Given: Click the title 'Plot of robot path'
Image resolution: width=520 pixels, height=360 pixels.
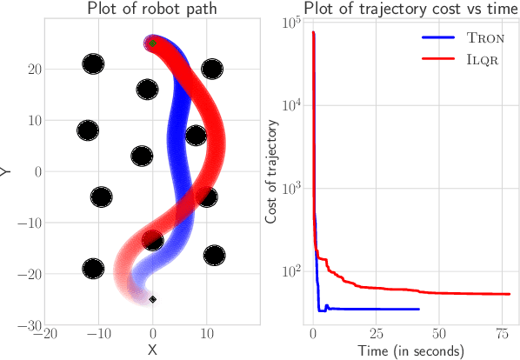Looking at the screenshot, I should click(152, 10).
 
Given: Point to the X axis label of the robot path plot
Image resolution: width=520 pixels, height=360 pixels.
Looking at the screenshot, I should click(153, 350).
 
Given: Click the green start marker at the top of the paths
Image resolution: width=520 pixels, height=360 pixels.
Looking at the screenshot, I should click(153, 43).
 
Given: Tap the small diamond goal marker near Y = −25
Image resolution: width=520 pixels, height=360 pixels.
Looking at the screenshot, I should click(153, 299).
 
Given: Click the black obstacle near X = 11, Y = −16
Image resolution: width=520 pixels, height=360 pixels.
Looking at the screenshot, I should click(213, 255).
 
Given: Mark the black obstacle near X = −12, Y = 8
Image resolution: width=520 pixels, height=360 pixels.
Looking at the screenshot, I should click(88, 130).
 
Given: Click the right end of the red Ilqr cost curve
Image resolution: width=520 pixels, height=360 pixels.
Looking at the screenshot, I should click(509, 294).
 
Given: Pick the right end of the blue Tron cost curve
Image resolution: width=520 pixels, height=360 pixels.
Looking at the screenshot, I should click(419, 309).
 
